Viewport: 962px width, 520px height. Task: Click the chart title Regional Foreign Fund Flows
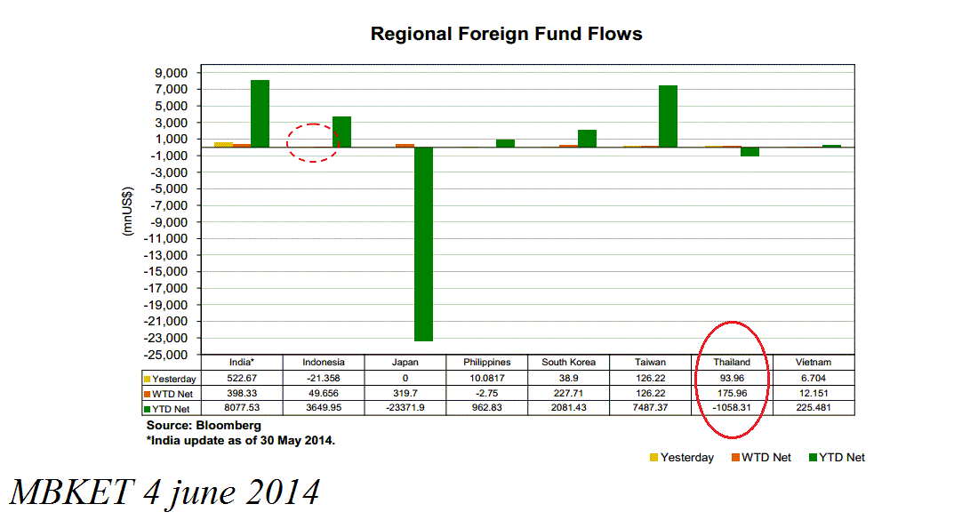pos(506,35)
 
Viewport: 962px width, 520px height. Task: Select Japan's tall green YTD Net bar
pos(423,244)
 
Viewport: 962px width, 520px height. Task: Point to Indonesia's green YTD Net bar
pos(341,132)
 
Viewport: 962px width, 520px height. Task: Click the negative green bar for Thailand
pos(750,152)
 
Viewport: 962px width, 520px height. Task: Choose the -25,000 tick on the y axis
pos(169,355)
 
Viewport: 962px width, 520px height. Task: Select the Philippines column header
pos(487,363)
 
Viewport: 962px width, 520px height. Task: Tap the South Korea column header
pos(569,363)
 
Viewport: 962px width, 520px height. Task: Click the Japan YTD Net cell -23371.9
pos(405,408)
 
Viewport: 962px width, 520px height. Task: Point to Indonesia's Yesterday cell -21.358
pos(324,378)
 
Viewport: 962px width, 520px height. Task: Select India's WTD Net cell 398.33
pos(242,393)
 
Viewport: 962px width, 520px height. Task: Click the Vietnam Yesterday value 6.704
pos(814,378)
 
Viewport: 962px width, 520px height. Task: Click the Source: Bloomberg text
pos(191,426)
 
